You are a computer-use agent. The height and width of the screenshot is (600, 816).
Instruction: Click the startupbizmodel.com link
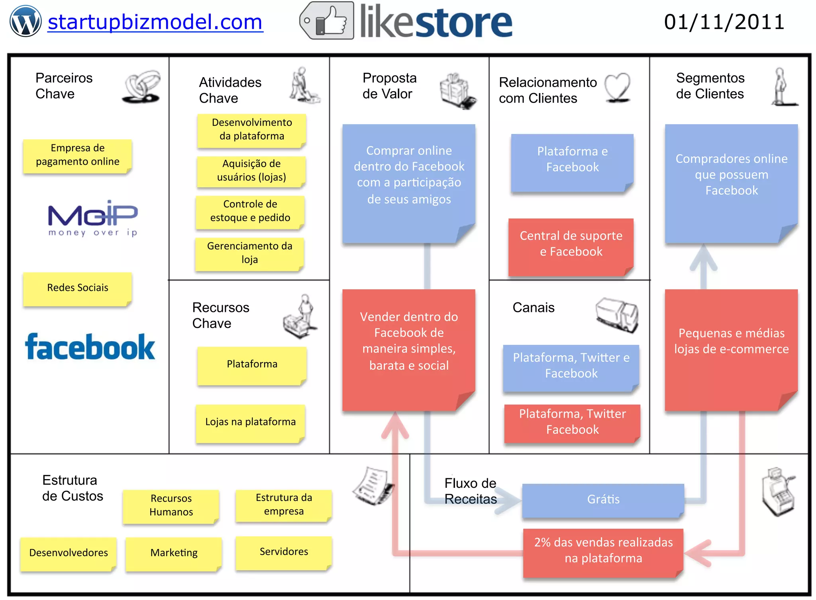[155, 22]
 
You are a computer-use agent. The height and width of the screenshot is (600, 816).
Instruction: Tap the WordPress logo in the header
[25, 21]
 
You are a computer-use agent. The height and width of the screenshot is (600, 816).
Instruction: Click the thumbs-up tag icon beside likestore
[327, 21]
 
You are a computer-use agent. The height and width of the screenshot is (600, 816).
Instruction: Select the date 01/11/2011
[724, 22]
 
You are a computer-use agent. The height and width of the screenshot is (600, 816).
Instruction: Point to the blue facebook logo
[90, 347]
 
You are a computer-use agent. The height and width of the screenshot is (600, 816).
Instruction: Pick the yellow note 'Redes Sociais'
[77, 288]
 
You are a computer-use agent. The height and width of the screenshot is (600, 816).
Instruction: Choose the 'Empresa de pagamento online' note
[77, 155]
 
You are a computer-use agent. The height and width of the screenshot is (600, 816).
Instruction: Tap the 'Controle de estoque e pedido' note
[250, 211]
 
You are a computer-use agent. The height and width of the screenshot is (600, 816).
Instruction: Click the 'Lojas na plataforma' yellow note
[250, 422]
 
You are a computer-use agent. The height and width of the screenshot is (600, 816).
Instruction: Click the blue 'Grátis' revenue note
[603, 500]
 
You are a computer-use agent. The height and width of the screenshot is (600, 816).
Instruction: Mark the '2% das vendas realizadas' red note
[603, 551]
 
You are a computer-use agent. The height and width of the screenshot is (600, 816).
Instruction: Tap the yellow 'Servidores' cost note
[284, 552]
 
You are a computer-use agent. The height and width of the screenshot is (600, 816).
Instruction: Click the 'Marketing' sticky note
[174, 553]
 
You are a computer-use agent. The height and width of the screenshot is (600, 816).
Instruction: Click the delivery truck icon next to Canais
[617, 314]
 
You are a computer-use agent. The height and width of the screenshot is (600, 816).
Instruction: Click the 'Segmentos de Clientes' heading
[710, 86]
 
